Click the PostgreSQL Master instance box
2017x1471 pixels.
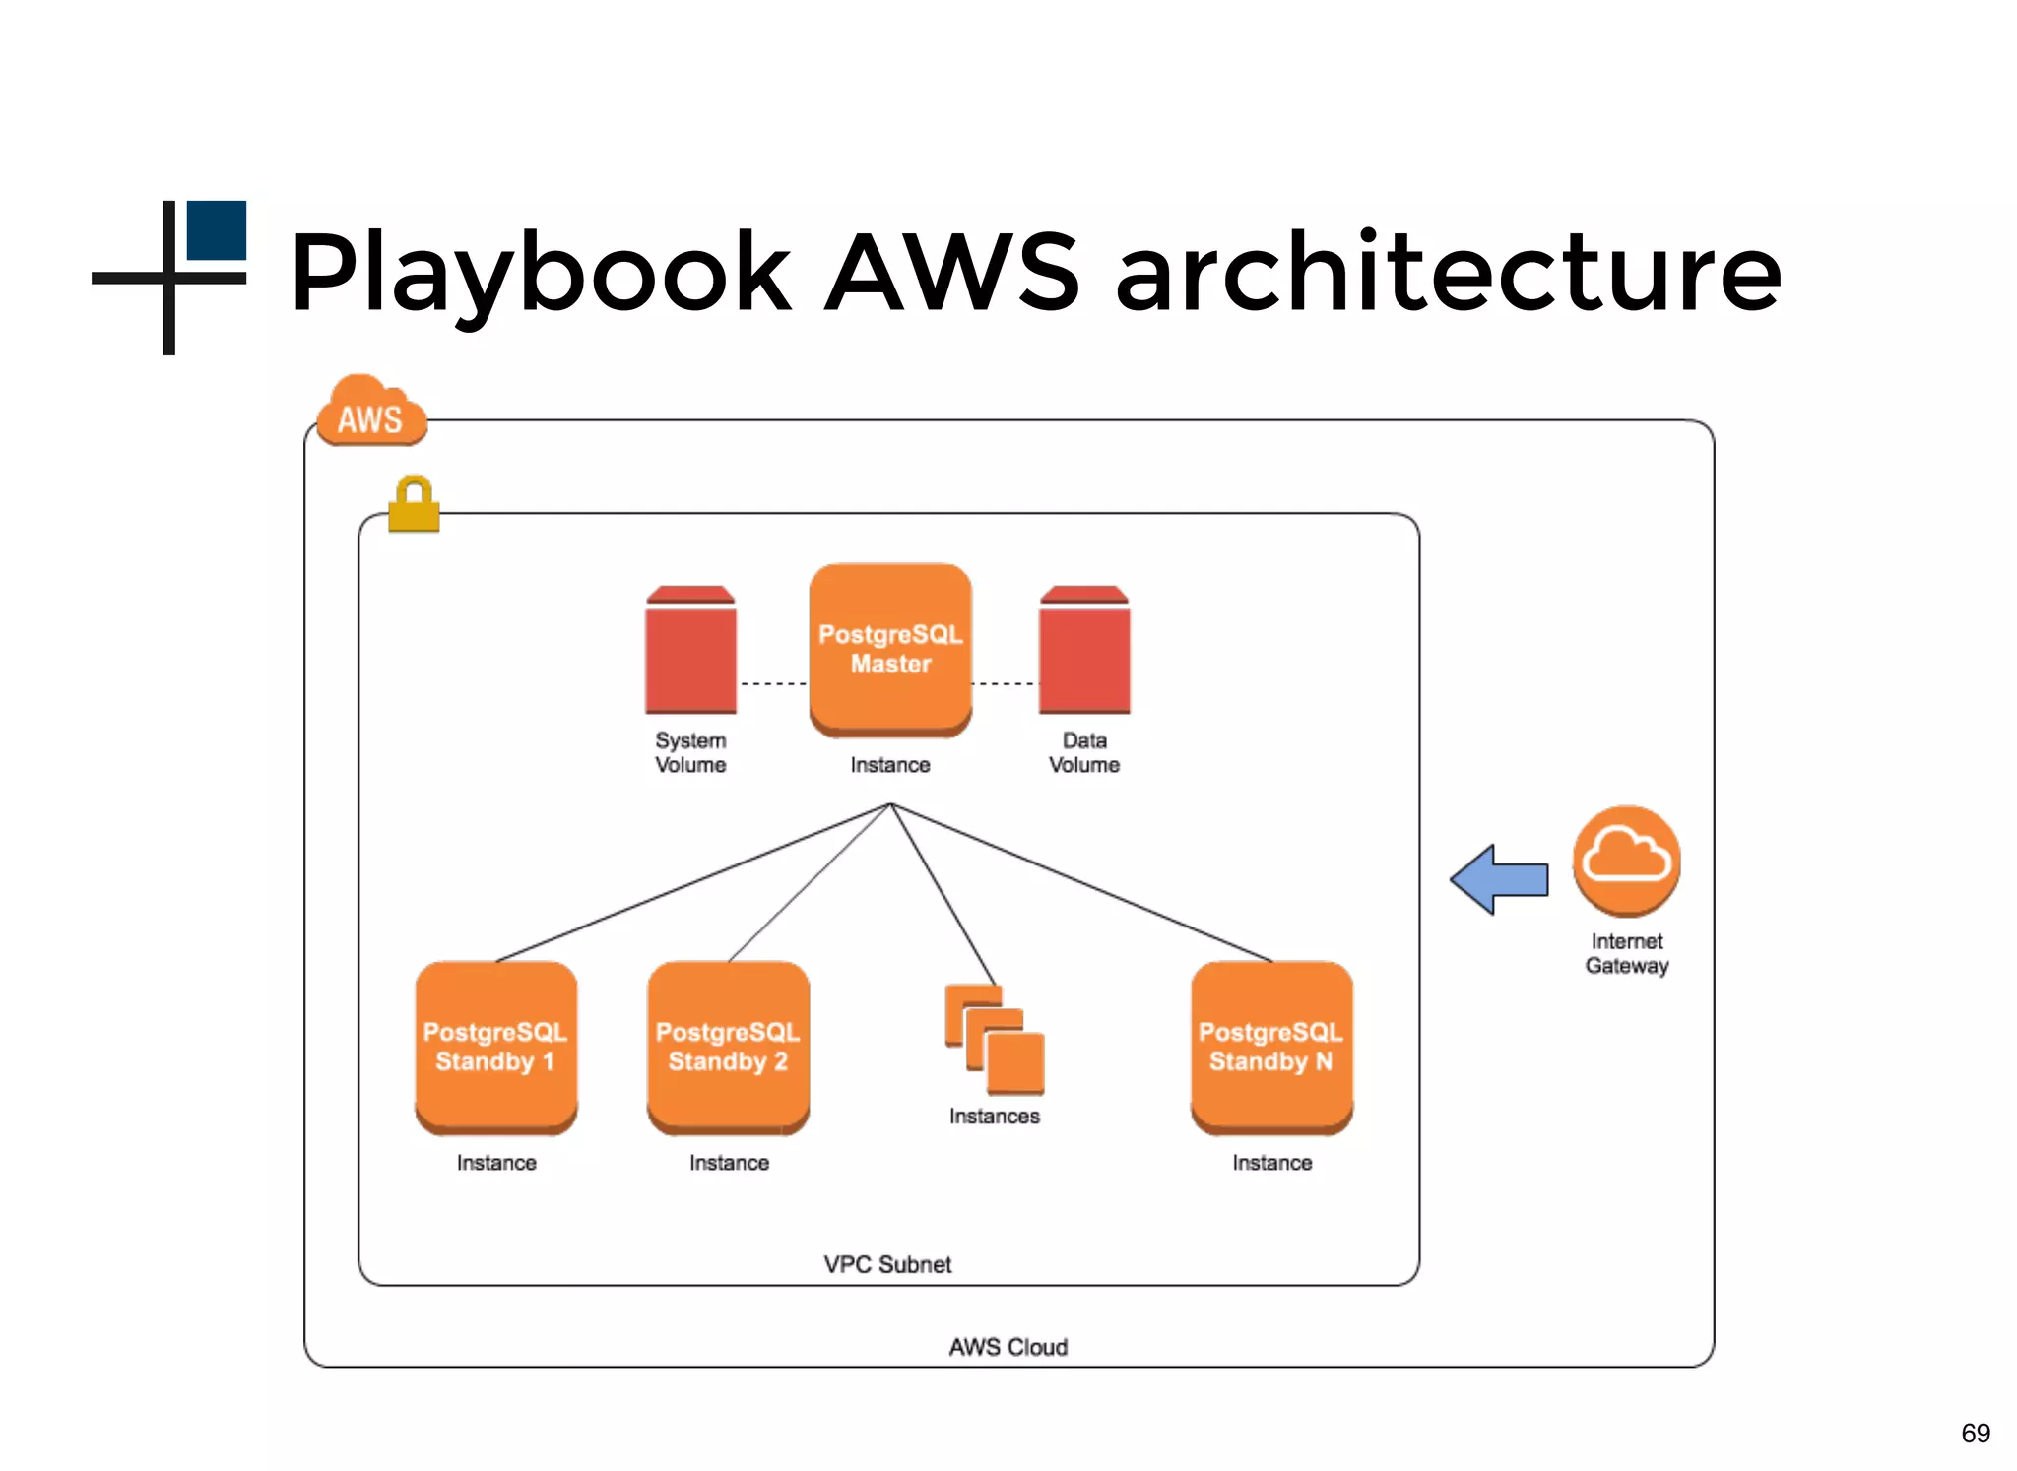(890, 649)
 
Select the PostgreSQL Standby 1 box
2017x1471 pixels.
(495, 1047)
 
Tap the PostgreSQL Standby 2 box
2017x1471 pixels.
(728, 1047)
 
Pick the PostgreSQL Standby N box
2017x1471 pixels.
(1271, 1047)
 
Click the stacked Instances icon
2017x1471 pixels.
(995, 1041)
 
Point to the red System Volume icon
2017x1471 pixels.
(690, 651)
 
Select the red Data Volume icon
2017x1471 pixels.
(1084, 651)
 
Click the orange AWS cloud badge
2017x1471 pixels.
(371, 413)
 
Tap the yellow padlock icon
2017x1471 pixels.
(414, 504)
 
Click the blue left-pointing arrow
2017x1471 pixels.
(1499, 879)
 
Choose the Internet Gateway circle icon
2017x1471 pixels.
(1626, 860)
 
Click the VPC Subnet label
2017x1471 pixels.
(887, 1264)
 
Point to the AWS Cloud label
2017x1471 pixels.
(1008, 1347)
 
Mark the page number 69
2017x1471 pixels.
(1975, 1433)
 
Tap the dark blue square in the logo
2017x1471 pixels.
(217, 230)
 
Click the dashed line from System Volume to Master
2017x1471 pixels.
(773, 683)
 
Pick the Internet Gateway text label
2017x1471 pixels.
(1626, 953)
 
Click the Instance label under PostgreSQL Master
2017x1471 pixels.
(890, 765)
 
